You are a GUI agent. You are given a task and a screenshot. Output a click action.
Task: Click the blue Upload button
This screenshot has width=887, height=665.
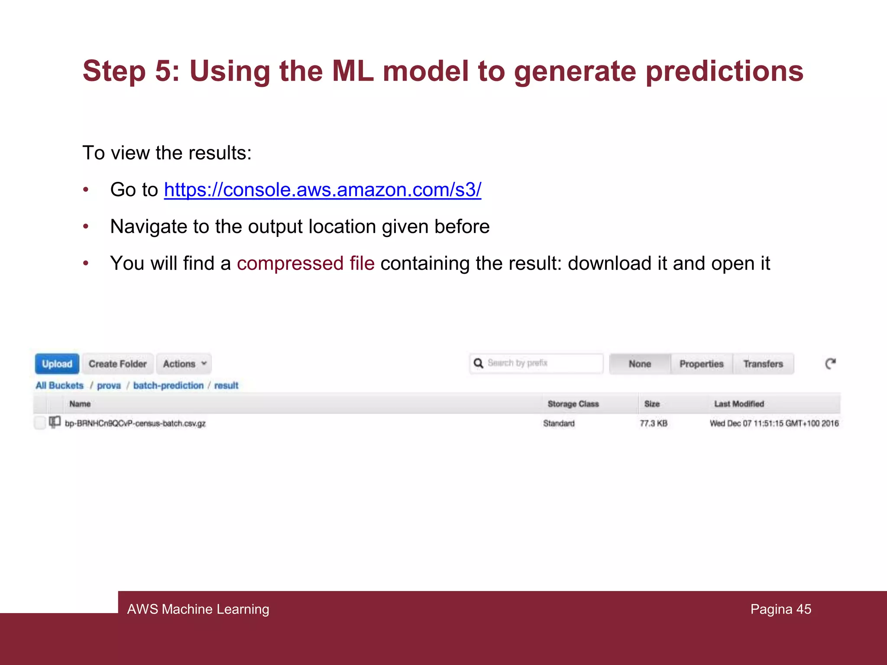(57, 364)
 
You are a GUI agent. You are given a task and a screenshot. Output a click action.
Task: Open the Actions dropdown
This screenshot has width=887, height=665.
(184, 364)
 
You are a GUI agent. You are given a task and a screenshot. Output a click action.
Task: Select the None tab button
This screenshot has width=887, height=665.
(640, 364)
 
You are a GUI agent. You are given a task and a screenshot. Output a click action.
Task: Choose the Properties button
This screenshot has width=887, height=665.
(701, 364)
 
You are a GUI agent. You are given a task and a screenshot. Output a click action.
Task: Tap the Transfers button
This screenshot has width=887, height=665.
(763, 364)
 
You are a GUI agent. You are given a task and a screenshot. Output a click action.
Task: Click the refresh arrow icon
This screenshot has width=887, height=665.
(830, 364)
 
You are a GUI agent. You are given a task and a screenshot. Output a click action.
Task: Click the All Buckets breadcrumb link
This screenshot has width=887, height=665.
(59, 385)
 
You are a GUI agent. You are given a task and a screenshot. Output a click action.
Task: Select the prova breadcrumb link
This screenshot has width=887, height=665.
(109, 385)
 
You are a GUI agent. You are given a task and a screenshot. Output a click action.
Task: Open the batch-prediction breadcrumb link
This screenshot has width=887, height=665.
(168, 385)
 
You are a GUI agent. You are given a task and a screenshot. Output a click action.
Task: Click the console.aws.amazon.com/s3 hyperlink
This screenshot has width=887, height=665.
(322, 190)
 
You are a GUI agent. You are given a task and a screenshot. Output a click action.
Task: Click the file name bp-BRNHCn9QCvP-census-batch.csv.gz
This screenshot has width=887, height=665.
(135, 423)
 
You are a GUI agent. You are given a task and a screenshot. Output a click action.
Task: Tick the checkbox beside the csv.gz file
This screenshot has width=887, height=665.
(40, 423)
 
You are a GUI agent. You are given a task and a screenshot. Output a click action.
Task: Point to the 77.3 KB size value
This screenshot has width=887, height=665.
(653, 423)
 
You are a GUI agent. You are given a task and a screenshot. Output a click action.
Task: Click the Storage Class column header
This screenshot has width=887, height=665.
(573, 404)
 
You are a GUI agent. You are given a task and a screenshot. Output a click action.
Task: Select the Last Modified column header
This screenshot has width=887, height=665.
(739, 404)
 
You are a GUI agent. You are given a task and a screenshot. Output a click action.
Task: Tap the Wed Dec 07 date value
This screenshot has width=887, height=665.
(774, 423)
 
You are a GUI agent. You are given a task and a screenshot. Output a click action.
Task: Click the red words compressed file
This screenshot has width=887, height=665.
(305, 263)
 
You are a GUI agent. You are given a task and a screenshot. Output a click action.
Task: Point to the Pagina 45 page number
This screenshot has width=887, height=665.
(780, 609)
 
